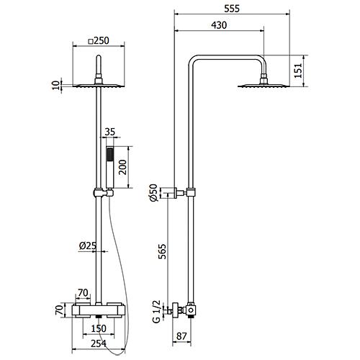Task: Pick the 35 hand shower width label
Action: tap(109, 132)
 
